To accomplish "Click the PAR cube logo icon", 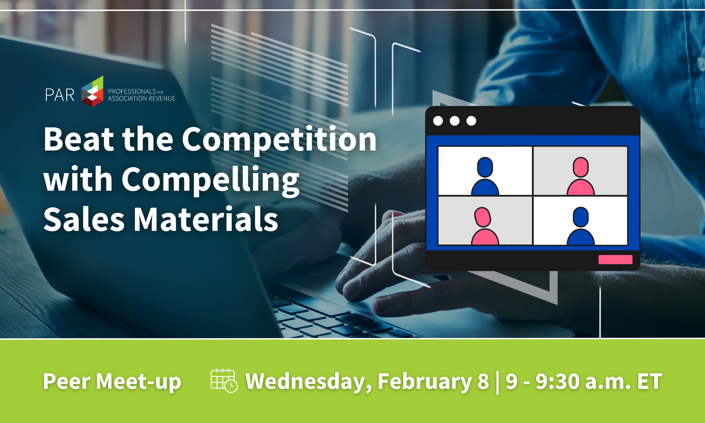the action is pos(92,91).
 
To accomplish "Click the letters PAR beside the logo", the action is pos(60,95).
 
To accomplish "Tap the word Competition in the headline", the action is pos(279,140).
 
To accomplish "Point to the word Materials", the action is pos(206,219).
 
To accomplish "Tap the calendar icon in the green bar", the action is pos(224,381).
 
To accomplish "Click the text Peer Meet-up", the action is pos(112,382).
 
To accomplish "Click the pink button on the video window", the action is pos(615,259).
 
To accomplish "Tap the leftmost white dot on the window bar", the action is pos(438,121).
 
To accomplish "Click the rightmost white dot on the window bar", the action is pos(471,121).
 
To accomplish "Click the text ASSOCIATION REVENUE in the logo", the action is pos(142,99).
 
